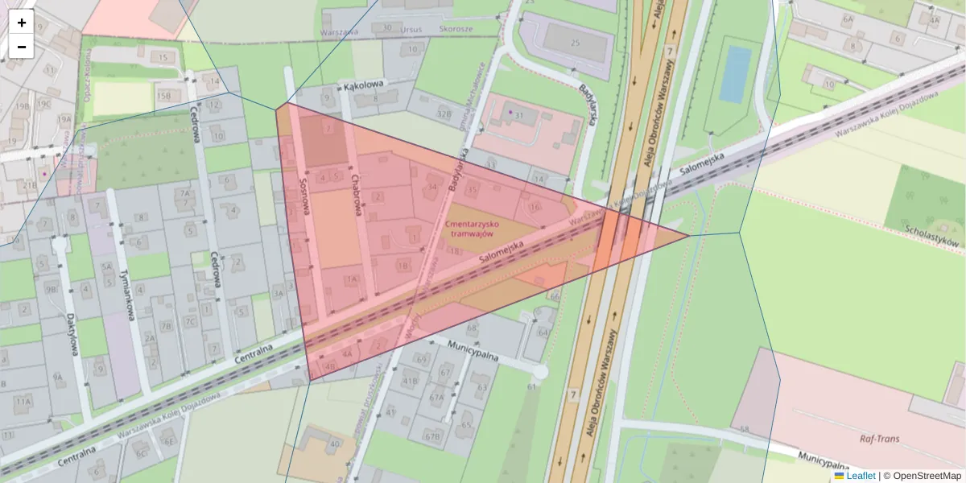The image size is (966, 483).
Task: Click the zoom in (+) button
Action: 22,23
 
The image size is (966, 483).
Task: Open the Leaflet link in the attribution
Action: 860,476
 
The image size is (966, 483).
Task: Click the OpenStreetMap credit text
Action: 926,476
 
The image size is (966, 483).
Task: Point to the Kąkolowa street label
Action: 364,84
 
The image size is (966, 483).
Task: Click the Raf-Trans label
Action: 879,439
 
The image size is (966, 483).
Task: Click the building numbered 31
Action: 519,116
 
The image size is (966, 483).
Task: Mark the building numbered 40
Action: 332,444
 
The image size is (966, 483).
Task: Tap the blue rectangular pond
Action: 735,74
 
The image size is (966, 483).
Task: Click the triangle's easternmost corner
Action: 689,236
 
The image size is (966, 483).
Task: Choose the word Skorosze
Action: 456,27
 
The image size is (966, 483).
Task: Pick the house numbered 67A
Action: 436,397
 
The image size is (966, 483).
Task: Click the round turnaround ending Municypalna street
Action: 539,371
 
